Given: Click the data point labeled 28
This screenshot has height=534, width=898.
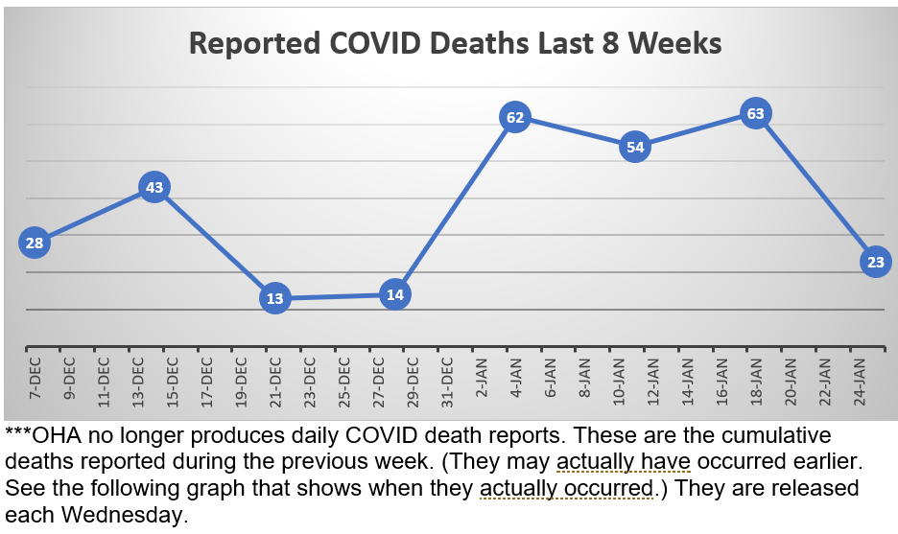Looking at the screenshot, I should pyautogui.click(x=35, y=243).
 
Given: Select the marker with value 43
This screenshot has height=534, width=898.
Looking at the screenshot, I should pyautogui.click(x=154, y=187).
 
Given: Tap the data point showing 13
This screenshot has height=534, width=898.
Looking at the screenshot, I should pyautogui.click(x=275, y=298).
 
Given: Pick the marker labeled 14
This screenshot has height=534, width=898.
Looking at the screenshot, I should pyautogui.click(x=395, y=294).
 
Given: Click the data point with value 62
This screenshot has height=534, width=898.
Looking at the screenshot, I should pyautogui.click(x=515, y=118).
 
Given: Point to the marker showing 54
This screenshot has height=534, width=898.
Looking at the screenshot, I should pyautogui.click(x=635, y=147).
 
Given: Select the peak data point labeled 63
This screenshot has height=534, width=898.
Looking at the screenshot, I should pyautogui.click(x=755, y=114).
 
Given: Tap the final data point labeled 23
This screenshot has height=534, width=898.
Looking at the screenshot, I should pyautogui.click(x=876, y=262).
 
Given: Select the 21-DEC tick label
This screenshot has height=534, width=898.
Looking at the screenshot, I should pyautogui.click(x=275, y=379).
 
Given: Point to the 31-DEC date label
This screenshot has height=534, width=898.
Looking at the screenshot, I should pyautogui.click(x=447, y=379).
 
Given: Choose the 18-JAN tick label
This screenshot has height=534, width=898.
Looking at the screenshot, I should pyautogui.click(x=756, y=380).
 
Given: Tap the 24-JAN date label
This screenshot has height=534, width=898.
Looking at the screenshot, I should pyautogui.click(x=860, y=380).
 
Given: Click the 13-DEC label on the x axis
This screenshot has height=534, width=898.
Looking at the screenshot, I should pyautogui.click(x=137, y=379).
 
